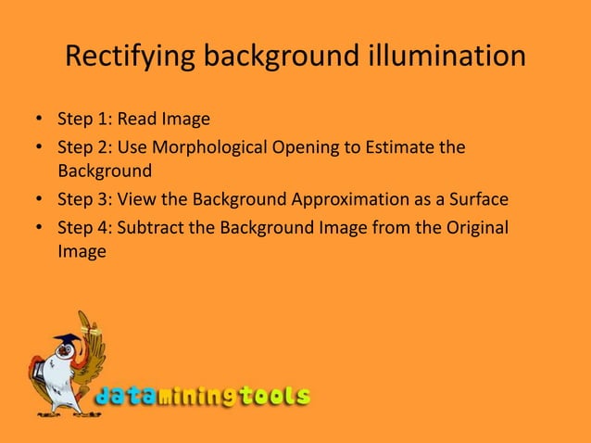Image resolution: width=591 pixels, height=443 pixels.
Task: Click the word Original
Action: point(472,228)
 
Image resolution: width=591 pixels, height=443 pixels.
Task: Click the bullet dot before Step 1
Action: point(39,120)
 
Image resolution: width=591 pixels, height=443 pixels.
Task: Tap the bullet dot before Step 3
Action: point(39,200)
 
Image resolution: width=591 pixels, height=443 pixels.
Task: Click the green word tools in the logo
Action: point(275,398)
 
